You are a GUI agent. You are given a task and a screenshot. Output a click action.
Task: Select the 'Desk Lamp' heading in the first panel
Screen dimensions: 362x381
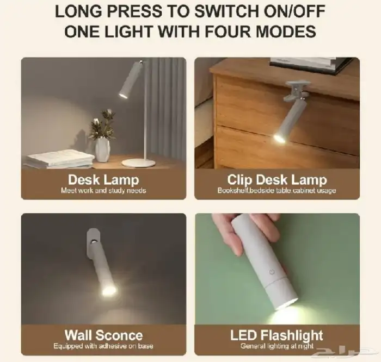point(103,179)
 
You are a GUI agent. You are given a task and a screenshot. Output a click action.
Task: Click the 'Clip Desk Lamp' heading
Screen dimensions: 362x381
point(277,179)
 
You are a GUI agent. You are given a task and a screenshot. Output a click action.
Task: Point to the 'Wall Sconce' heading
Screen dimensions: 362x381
point(103,335)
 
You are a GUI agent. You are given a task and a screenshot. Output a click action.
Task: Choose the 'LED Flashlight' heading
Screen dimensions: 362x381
point(276,335)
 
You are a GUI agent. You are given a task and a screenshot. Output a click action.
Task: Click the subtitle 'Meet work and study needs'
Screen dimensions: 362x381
point(103,191)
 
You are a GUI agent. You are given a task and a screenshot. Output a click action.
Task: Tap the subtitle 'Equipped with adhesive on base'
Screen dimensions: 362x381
point(103,346)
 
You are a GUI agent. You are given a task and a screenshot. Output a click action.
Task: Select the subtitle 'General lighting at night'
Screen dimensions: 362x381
point(276,346)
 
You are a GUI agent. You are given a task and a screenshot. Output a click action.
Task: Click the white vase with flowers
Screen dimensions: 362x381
point(102,147)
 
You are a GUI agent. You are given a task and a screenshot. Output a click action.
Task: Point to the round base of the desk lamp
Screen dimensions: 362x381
point(138,163)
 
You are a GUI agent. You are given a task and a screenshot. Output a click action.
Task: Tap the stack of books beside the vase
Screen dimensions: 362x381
point(60,159)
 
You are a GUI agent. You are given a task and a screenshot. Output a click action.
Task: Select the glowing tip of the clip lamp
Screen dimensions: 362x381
point(279,139)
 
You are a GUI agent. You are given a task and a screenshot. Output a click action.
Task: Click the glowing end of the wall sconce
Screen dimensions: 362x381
point(109,290)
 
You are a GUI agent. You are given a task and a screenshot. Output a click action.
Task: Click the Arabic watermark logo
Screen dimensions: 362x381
point(348,352)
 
